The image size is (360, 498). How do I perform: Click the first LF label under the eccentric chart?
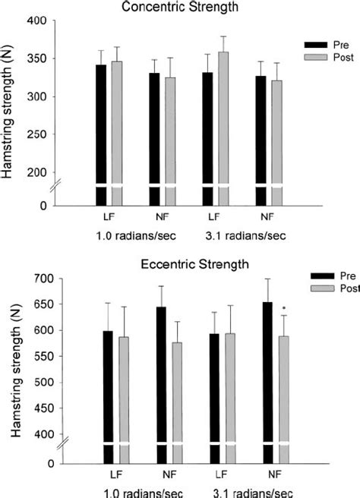[x=112, y=473]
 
